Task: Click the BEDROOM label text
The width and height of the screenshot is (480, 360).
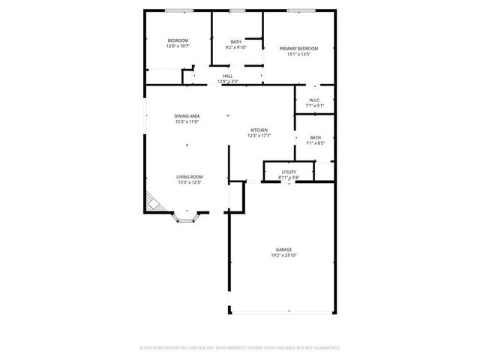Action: point(178,40)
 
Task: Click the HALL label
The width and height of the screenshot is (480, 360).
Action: point(227,76)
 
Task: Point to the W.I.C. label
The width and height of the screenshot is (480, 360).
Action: point(314,100)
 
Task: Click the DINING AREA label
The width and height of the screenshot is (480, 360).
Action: point(187,115)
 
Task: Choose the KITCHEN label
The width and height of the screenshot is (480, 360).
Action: point(259,130)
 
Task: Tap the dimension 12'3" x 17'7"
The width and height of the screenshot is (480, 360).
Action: point(259,136)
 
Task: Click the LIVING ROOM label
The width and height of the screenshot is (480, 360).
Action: point(190,176)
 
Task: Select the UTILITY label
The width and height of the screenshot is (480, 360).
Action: point(289,172)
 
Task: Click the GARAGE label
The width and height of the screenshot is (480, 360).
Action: point(283,249)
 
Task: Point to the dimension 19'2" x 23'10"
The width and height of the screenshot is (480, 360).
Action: point(283,255)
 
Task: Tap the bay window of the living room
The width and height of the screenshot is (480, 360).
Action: point(185,217)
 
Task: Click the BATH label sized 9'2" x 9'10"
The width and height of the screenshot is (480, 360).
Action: point(236,41)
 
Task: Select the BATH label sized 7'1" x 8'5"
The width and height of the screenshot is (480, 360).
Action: point(315,137)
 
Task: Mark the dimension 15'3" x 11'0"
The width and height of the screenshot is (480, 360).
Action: point(187,121)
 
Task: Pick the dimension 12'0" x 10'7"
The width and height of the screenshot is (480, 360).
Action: point(178,46)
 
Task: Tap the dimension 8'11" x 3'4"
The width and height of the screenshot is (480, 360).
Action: point(289,178)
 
